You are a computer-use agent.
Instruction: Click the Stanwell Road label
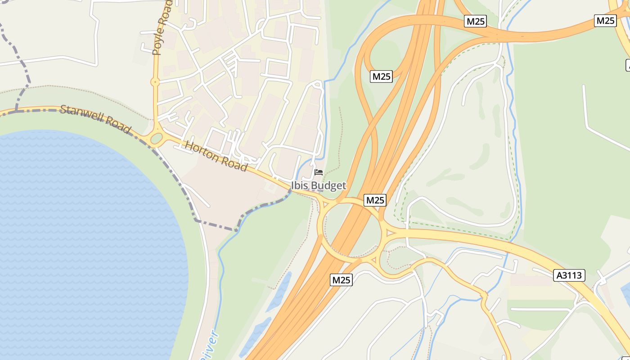click(x=95, y=119)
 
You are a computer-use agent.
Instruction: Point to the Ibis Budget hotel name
click(x=319, y=185)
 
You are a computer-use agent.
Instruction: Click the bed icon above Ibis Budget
click(x=319, y=172)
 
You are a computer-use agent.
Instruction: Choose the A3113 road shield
click(x=569, y=275)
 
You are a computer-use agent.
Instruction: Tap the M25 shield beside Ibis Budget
click(x=375, y=200)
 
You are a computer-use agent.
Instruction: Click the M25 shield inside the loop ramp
click(x=381, y=76)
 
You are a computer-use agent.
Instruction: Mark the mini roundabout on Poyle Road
click(x=155, y=82)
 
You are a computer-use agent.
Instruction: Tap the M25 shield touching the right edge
click(x=605, y=21)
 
